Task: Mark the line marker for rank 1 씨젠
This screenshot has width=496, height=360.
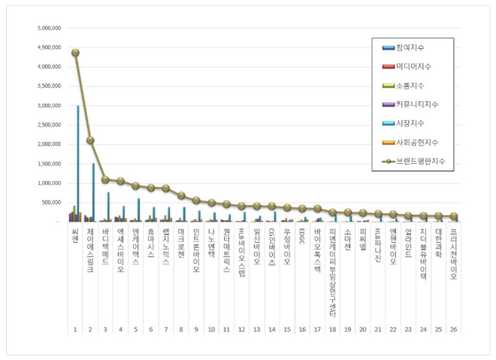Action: (75, 53)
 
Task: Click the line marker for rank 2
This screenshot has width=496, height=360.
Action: (90, 140)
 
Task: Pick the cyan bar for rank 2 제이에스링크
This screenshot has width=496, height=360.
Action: (93, 192)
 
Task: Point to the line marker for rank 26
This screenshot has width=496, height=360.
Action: (453, 216)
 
